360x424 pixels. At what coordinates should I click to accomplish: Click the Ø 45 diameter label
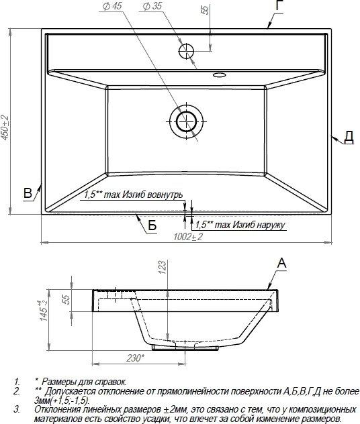[113, 6]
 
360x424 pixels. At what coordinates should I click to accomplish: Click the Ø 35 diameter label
[152, 6]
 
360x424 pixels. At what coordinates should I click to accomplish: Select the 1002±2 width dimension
[188, 237]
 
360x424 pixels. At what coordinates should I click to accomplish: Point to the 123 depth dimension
[162, 267]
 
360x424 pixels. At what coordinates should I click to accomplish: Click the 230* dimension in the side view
[136, 358]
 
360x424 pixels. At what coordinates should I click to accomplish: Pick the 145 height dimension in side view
[44, 311]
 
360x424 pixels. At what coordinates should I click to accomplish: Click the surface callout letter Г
[279, 5]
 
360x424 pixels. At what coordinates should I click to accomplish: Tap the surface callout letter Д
[349, 137]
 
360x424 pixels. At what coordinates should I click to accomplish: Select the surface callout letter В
[28, 193]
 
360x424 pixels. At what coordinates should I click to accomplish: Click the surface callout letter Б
[152, 225]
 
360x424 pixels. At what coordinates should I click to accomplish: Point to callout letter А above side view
[281, 263]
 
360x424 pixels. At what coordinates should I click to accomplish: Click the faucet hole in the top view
[187, 51]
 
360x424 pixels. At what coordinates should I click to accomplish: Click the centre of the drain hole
[186, 121]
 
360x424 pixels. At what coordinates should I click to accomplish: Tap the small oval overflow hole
[219, 74]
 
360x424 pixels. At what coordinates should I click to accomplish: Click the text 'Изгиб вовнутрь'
[152, 195]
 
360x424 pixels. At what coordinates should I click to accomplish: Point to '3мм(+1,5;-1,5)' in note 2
[62, 401]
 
